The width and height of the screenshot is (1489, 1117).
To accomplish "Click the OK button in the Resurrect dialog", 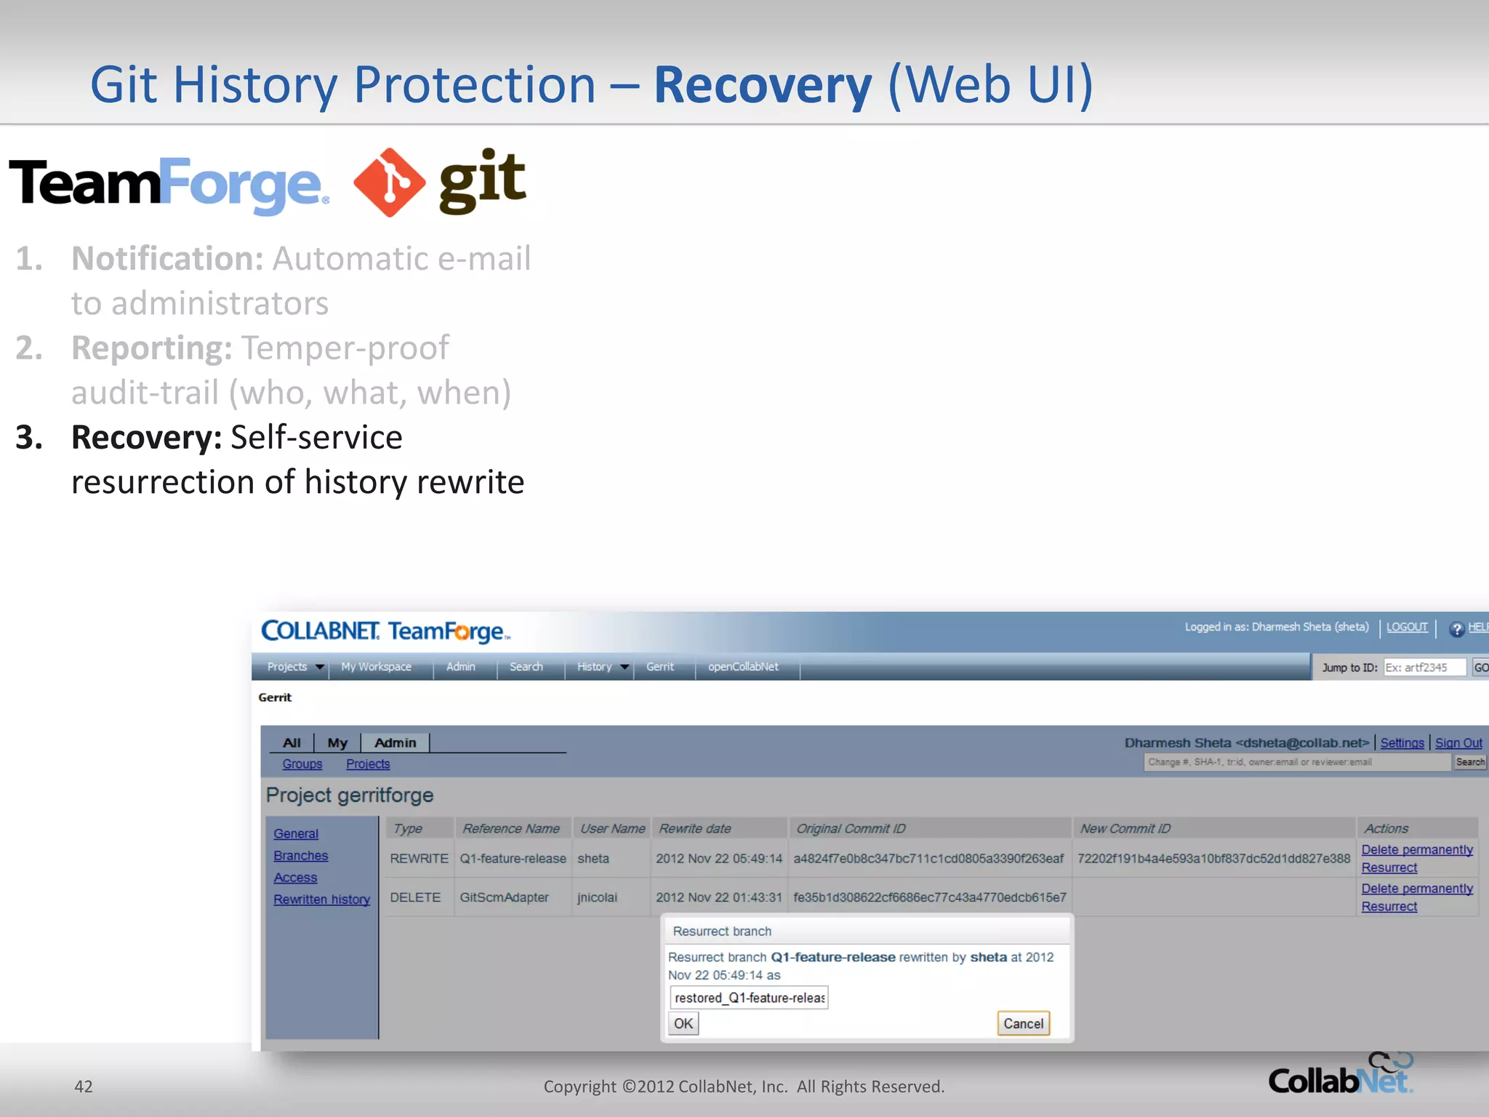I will coord(683,1024).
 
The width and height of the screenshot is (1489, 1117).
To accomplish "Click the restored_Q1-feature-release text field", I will coord(749,998).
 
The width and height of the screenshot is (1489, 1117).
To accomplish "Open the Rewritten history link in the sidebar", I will coord(321,900).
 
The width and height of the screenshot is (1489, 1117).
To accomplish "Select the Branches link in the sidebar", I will coord(300,856).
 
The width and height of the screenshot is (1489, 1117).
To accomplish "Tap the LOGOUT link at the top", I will coord(1406,627).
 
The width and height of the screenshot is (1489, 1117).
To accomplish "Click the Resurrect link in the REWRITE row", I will coord(1389,868).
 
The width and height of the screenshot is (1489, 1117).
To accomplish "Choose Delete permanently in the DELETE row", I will coord(1416,889).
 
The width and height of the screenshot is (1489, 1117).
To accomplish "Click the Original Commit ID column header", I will coord(851,828).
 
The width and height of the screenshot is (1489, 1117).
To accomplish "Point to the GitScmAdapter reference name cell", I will coord(504,897).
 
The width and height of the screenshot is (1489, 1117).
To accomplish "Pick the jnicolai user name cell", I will coord(597,897).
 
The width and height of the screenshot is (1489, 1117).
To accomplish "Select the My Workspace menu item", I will coord(376,667).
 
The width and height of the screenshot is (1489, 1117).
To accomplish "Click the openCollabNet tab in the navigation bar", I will coord(742,667).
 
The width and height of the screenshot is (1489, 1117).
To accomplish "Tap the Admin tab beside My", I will coord(395,742).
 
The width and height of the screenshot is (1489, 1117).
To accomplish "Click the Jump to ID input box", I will coord(1423,668).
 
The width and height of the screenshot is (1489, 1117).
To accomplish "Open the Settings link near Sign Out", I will coord(1402,743).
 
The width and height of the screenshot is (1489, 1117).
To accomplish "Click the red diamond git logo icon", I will coord(389,183).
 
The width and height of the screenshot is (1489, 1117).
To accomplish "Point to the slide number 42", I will coord(84,1086).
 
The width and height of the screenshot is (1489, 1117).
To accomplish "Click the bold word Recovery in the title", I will coord(762,85).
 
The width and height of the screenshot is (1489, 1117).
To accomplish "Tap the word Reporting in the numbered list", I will coord(151,348).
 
